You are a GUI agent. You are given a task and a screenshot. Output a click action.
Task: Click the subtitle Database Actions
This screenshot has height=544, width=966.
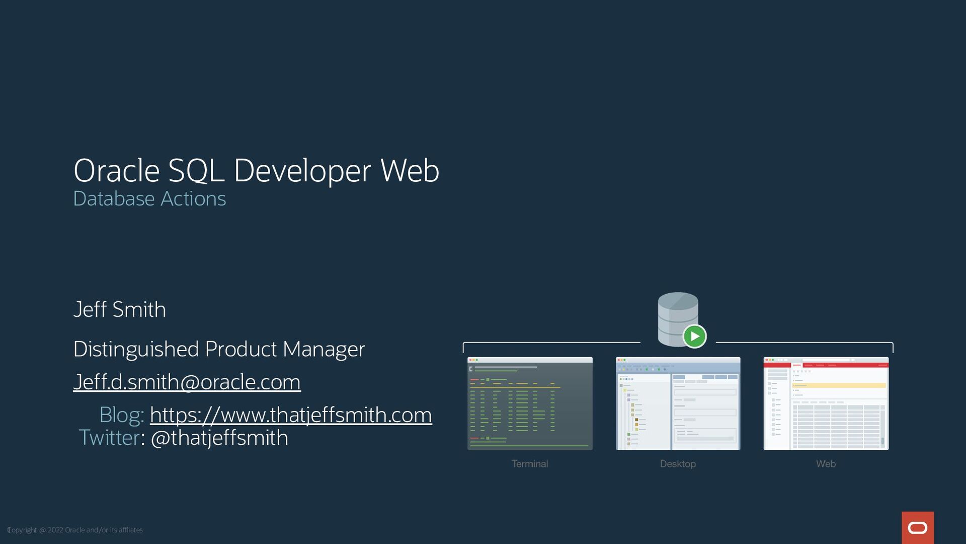tap(149, 198)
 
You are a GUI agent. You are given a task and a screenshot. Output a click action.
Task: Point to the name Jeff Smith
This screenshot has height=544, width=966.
tap(119, 309)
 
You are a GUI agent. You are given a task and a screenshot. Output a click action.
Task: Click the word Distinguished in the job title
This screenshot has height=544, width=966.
tap(136, 349)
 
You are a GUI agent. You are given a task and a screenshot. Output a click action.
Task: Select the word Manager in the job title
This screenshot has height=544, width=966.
tap(324, 349)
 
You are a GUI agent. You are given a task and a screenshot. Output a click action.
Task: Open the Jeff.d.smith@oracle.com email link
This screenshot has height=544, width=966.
tap(187, 382)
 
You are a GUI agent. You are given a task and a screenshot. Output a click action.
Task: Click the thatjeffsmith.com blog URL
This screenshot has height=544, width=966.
tap(291, 415)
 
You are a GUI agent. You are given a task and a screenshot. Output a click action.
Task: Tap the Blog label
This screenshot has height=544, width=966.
tap(122, 415)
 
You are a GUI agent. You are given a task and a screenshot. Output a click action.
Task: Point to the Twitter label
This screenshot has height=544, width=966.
tap(109, 438)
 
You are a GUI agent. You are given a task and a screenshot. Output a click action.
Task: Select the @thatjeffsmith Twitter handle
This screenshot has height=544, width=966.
tap(219, 438)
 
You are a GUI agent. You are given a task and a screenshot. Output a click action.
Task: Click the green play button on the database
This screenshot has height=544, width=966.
tap(694, 336)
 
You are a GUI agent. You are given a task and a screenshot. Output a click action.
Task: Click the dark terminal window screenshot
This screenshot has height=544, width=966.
tap(530, 403)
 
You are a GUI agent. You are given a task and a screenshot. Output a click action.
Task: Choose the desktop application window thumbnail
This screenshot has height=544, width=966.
tap(678, 403)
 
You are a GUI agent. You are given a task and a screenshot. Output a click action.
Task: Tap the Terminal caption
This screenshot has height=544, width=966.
tap(530, 464)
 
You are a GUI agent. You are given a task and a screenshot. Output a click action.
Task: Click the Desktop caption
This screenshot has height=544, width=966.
tap(678, 464)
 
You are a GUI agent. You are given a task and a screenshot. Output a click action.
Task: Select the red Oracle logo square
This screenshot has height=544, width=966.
tap(918, 527)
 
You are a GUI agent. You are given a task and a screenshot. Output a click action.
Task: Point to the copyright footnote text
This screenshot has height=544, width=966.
tap(75, 530)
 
